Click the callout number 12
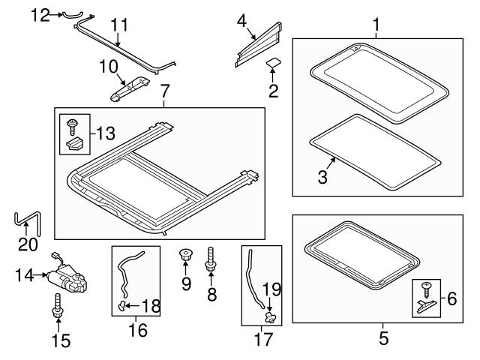coord(40,13)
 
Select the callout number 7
coord(165,91)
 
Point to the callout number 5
coord(383,338)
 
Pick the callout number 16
coord(137,329)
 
